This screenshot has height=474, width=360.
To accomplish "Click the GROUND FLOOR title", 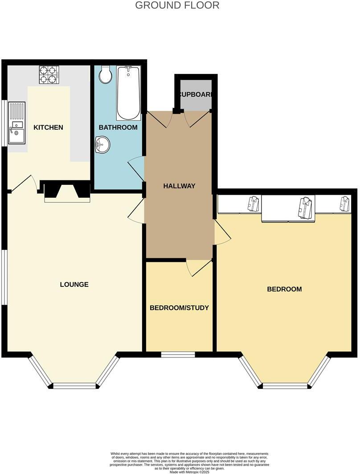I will [177, 5].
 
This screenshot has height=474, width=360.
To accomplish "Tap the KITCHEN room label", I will [48, 127].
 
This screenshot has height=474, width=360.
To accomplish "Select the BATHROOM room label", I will [118, 127].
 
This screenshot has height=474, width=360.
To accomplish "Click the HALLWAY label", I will [179, 186].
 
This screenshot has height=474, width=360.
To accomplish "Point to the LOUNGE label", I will [74, 284].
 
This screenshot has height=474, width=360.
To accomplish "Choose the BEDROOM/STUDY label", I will [179, 308].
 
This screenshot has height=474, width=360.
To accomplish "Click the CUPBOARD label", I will [196, 95].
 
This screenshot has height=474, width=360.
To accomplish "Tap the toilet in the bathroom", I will [106, 75].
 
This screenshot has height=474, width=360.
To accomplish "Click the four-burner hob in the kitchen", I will [49, 74].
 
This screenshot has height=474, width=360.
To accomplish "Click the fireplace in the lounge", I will [66, 192].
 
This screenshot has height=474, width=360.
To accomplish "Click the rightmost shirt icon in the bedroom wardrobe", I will [345, 203].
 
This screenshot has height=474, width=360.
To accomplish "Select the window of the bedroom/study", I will [178, 355].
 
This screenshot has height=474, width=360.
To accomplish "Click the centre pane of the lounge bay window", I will [74, 386].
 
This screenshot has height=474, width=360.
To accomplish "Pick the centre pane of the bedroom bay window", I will [285, 385].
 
